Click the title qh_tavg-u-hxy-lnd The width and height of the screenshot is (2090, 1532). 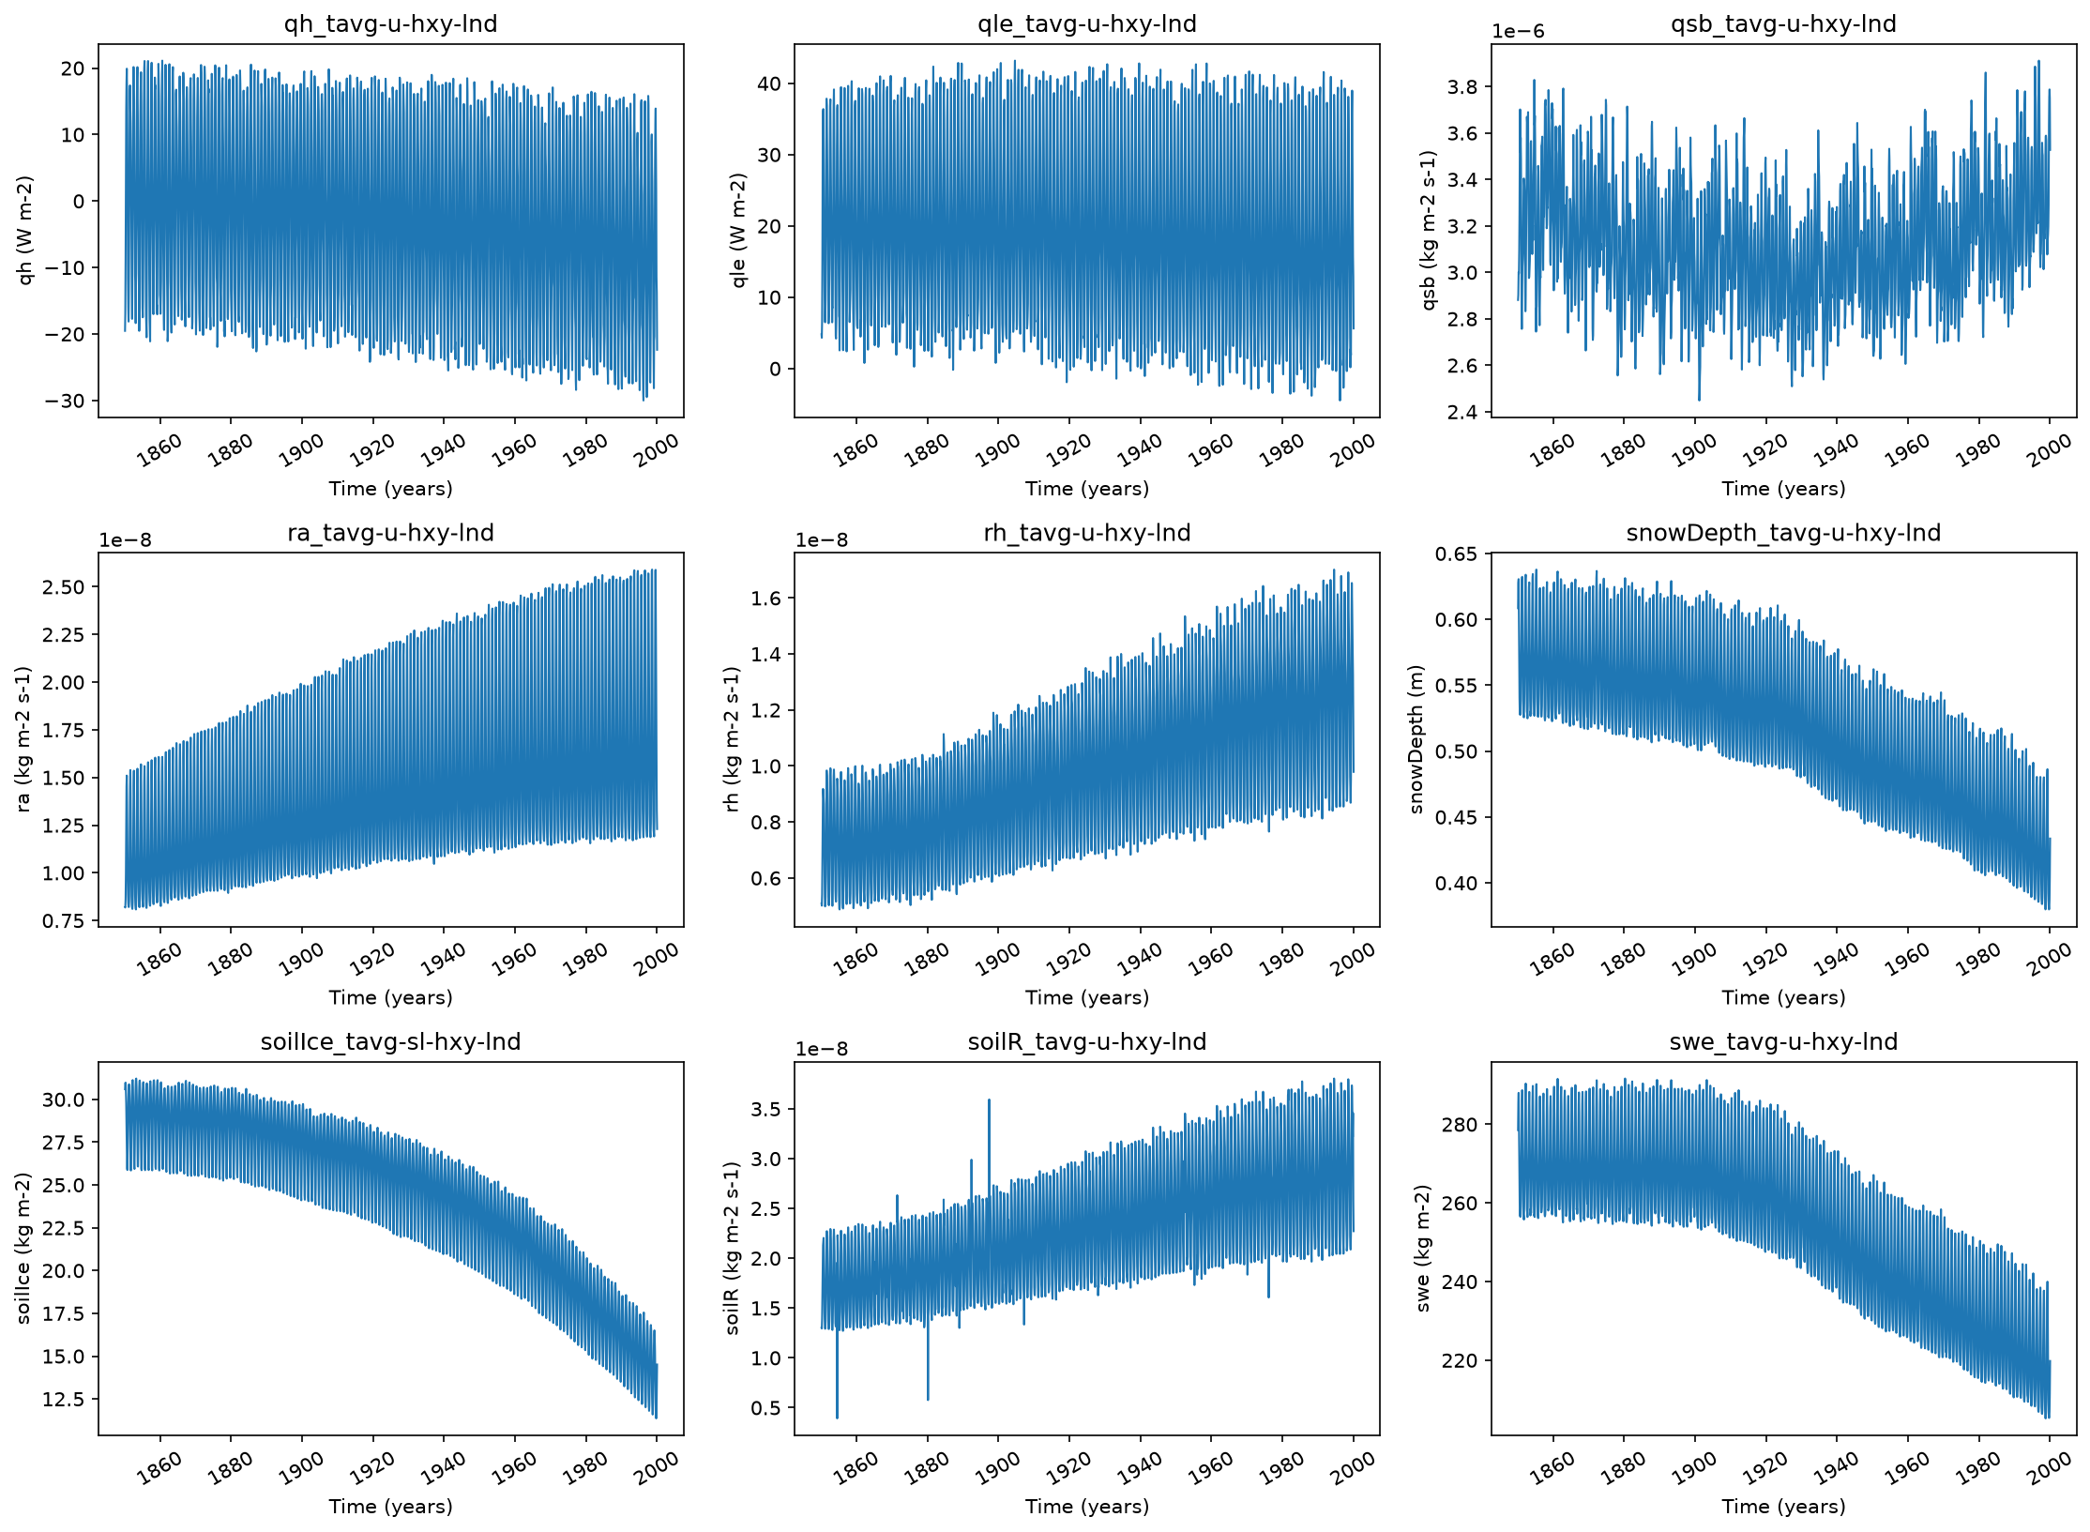(390, 23)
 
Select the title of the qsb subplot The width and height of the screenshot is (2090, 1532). (1783, 23)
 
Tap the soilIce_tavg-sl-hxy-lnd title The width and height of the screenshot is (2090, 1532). (390, 1041)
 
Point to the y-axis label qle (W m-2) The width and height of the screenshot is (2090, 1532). (738, 231)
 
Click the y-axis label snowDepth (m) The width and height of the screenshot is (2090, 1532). (1416, 739)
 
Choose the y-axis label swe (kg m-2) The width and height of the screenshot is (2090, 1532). (1422, 1249)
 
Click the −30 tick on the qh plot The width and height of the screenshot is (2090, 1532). (65, 401)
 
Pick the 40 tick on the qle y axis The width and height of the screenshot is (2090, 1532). (769, 83)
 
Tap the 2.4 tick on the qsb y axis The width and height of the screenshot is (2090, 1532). (1462, 412)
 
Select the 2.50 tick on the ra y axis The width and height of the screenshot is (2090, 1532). (64, 587)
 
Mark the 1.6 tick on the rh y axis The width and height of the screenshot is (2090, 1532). (766, 599)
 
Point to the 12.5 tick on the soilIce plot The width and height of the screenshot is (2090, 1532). (64, 1399)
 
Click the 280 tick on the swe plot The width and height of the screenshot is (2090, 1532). (1460, 1124)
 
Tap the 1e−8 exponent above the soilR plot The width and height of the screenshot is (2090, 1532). (822, 1049)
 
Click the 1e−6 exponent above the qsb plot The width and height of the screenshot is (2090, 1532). (1518, 31)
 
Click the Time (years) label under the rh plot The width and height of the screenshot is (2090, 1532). (1086, 997)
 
